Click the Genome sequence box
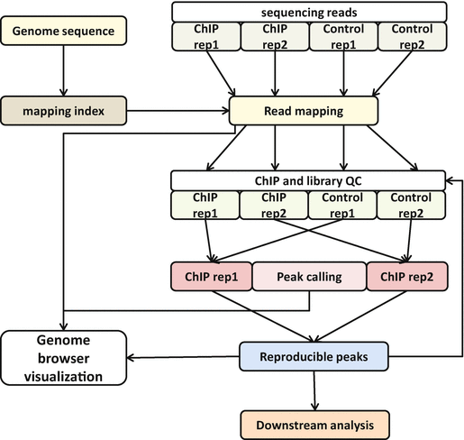(x=64, y=31)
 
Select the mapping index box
(x=64, y=111)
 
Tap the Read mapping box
(x=304, y=111)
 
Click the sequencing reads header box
(x=309, y=13)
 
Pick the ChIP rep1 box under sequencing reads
(x=206, y=37)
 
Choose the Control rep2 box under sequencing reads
(x=413, y=37)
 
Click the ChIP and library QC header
(x=308, y=180)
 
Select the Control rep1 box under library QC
(x=342, y=206)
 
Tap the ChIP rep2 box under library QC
(x=274, y=206)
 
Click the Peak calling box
(x=309, y=277)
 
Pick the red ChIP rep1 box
(x=212, y=277)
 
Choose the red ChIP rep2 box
(x=407, y=277)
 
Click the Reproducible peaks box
(x=314, y=356)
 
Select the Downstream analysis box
(x=315, y=426)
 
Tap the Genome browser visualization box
(x=64, y=358)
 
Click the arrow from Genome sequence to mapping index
(x=63, y=70)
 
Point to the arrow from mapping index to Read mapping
(x=177, y=111)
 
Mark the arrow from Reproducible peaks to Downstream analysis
(x=314, y=390)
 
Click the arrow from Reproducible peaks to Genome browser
(x=183, y=357)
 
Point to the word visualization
(x=63, y=377)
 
